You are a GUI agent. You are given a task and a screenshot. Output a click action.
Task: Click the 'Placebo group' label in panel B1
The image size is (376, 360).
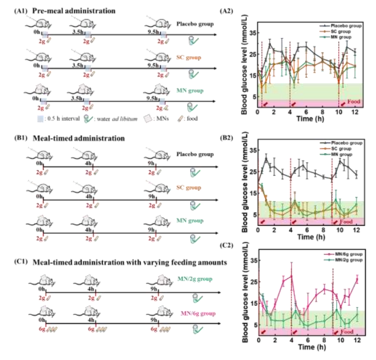pyautogui.click(x=197, y=154)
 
